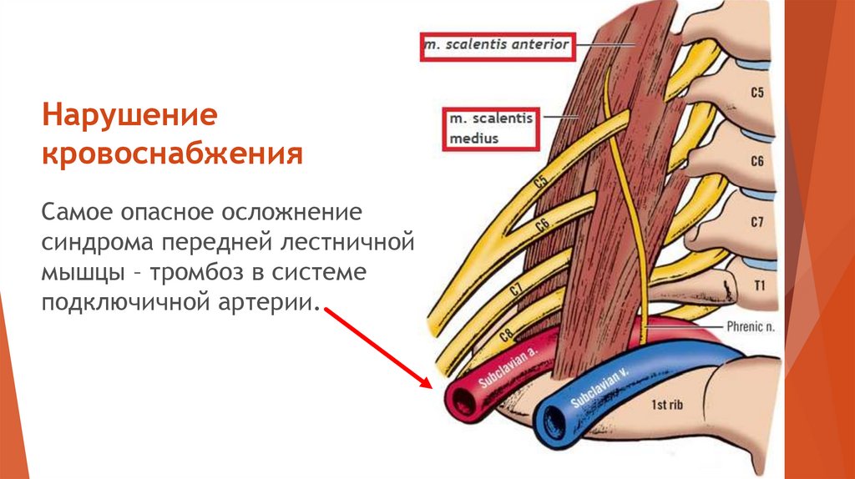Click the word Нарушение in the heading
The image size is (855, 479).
(x=131, y=116)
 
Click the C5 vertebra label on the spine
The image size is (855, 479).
(x=756, y=93)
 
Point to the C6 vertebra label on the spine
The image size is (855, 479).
(x=756, y=161)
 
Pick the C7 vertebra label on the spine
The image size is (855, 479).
(x=756, y=223)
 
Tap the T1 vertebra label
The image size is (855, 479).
(x=759, y=285)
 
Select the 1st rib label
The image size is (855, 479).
(x=668, y=405)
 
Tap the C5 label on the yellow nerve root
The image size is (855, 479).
(x=539, y=181)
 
